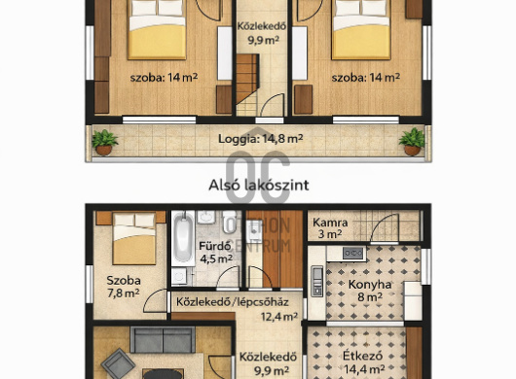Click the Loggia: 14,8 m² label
260,139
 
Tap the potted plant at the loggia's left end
104,142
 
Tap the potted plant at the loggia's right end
412,142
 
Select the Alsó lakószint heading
259,186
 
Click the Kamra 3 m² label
330,228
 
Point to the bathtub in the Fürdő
183,239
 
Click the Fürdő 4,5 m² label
215,253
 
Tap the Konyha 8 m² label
370,291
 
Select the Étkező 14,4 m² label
363,362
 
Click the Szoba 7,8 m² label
124,287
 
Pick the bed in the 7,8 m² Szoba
134,238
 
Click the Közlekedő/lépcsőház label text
233,302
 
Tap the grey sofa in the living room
163,339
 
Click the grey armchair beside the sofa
118,363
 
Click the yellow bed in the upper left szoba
157,30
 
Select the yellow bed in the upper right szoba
361,30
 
